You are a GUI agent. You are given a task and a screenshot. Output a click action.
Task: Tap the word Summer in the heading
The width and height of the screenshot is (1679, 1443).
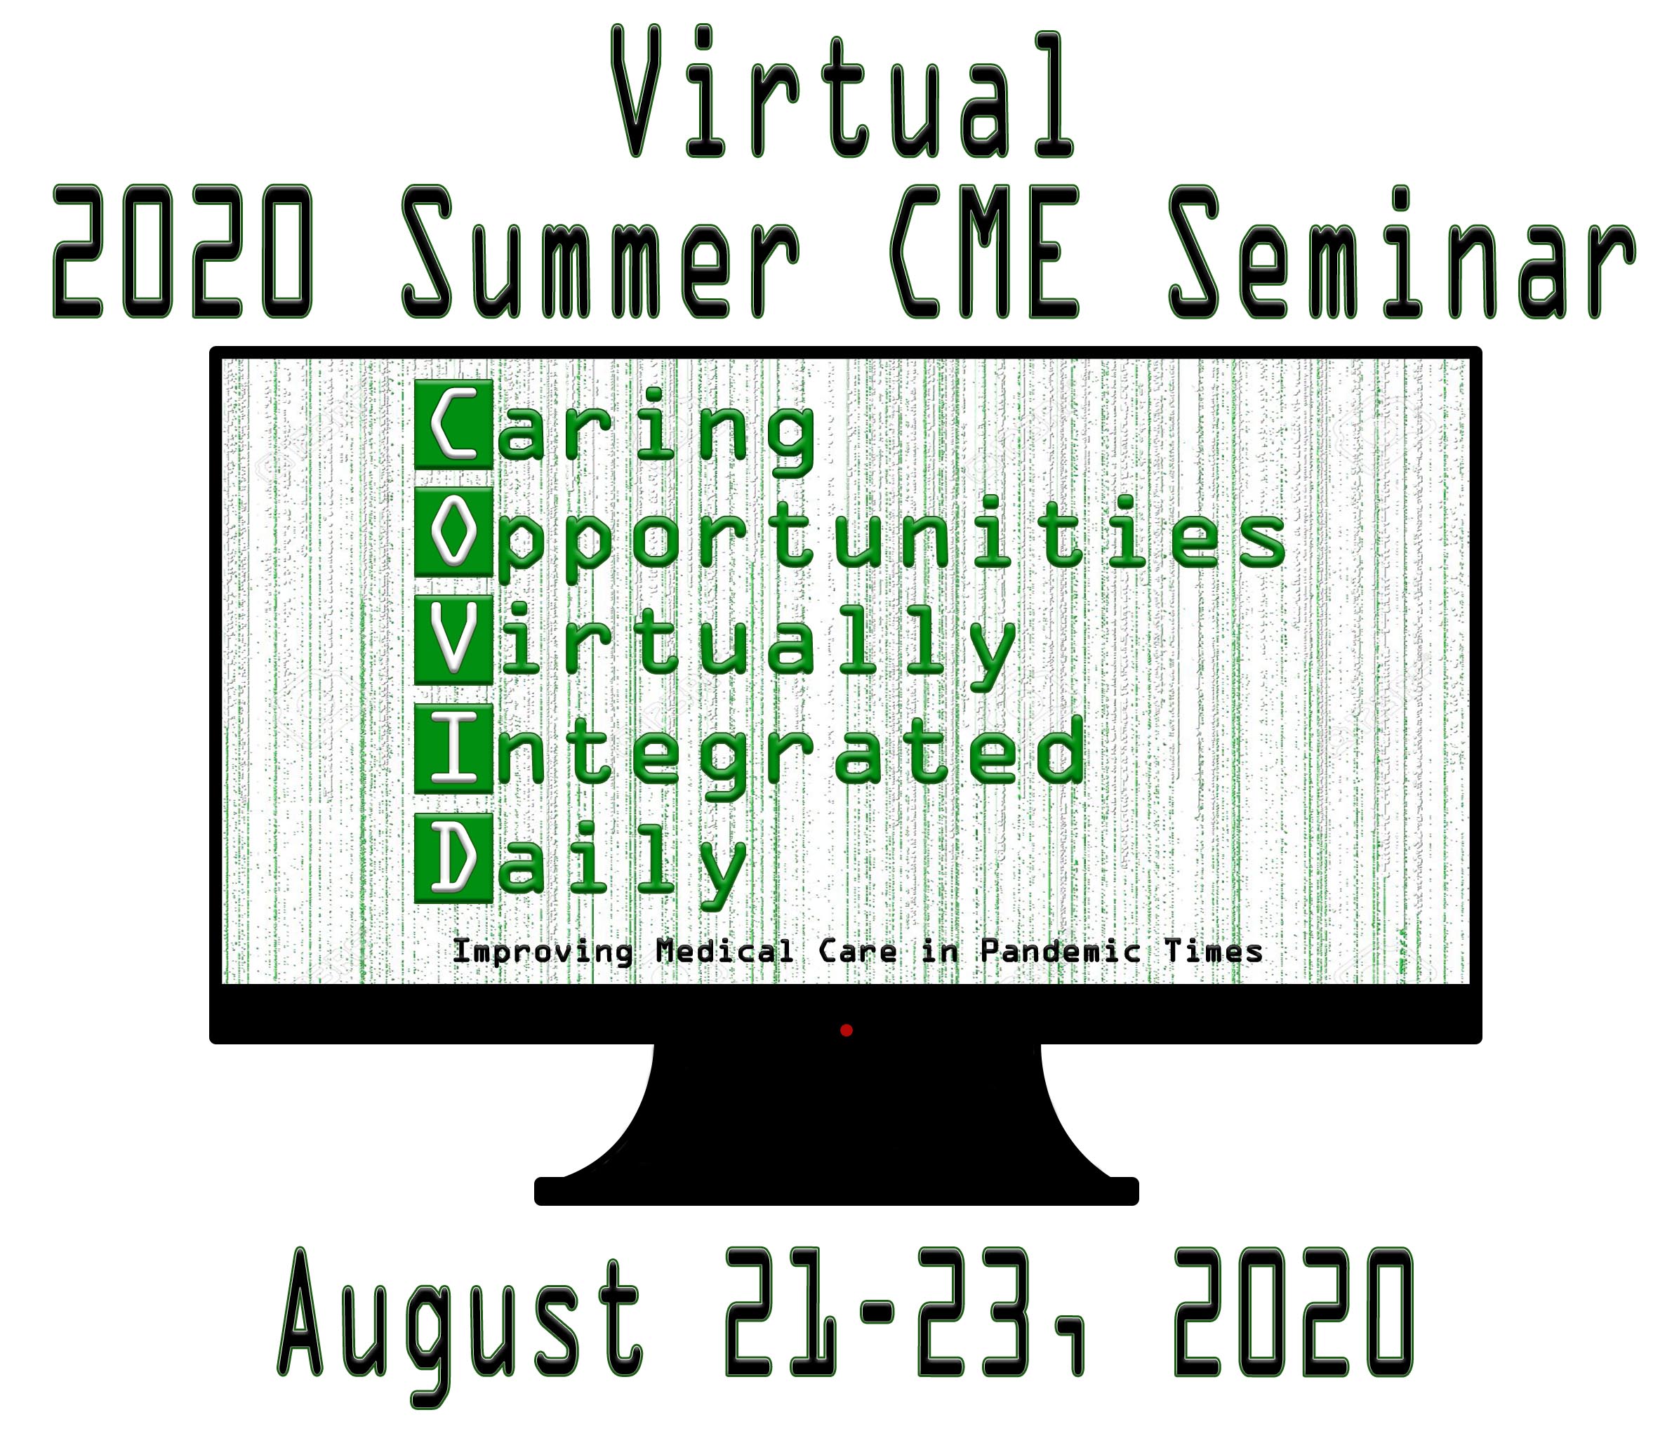click(600, 252)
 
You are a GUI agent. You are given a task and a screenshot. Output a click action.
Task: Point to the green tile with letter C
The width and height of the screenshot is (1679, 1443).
click(453, 425)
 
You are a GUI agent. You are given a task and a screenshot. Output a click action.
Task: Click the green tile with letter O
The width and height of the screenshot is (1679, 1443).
click(453, 532)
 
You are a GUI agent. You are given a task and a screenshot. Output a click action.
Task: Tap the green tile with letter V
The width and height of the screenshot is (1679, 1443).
click(453, 641)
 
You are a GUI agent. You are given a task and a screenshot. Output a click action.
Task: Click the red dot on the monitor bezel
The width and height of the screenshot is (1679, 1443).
click(846, 1030)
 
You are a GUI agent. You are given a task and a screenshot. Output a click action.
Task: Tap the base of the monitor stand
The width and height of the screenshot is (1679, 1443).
click(836, 1191)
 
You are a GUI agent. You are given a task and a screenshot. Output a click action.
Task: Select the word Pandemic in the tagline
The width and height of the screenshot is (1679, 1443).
click(1060, 950)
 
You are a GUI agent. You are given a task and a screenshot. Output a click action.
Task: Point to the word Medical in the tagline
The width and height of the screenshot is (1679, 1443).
click(725, 950)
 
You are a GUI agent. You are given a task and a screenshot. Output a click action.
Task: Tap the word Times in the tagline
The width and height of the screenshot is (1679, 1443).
click(1213, 950)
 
